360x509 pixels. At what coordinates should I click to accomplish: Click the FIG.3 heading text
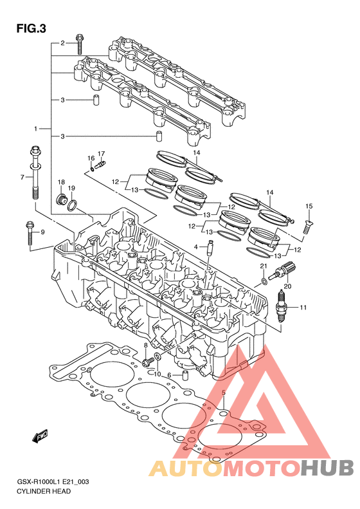click(x=31, y=29)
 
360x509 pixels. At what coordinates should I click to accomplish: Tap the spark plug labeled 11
click(x=281, y=306)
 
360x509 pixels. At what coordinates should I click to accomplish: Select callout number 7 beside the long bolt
click(x=22, y=177)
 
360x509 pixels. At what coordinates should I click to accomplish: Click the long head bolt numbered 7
click(x=35, y=172)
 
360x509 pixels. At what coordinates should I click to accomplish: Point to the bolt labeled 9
click(x=29, y=233)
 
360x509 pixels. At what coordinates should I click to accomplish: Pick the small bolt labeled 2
click(x=80, y=44)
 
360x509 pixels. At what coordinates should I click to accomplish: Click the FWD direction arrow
click(x=40, y=436)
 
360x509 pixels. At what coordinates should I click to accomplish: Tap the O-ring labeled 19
click(x=73, y=205)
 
